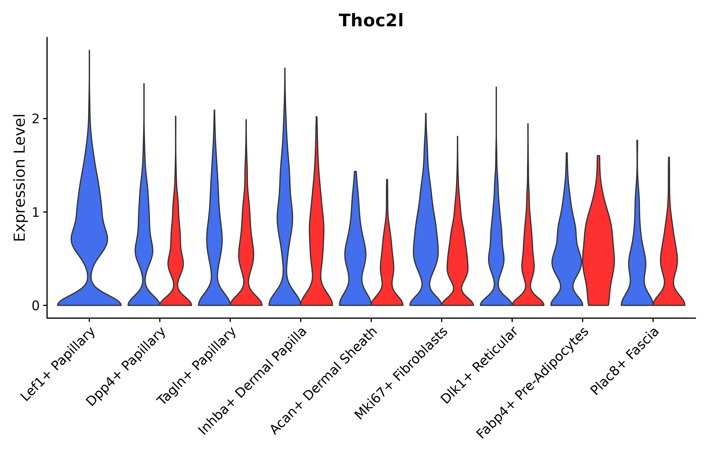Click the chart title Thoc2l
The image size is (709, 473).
point(371,21)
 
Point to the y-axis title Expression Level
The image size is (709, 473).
point(20,178)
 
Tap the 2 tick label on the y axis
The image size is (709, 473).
point(35,119)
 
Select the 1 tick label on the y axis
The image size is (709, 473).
point(35,213)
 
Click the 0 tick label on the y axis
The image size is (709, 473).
point(35,306)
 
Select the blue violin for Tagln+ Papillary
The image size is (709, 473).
point(214,241)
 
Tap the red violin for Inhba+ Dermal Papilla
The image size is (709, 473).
point(316,241)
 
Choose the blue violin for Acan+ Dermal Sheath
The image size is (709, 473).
point(355,256)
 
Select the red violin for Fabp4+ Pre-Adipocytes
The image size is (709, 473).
point(598,256)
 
